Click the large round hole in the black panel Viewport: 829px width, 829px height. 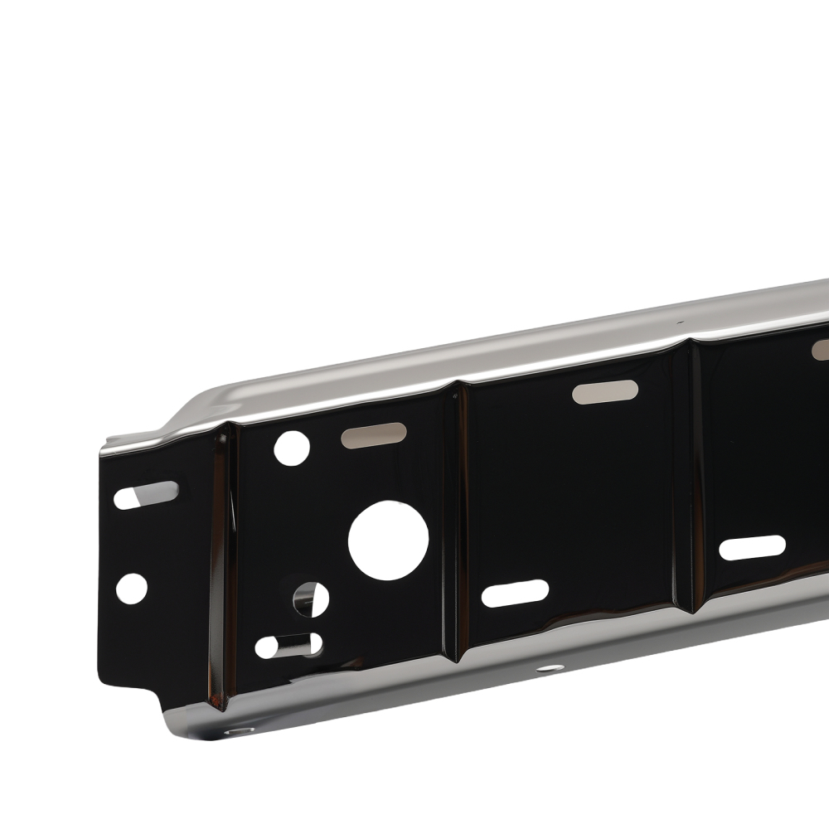pyautogui.click(x=388, y=541)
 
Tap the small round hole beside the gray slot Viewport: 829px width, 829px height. pyautogui.click(x=292, y=448)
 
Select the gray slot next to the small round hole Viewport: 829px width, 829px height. pyautogui.click(x=373, y=434)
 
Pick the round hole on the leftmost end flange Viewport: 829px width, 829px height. pyautogui.click(x=131, y=588)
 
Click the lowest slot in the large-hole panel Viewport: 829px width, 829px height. pyautogui.click(x=288, y=645)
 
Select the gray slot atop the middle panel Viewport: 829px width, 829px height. pyautogui.click(x=604, y=391)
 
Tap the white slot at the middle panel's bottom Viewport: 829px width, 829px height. pyautogui.click(x=515, y=593)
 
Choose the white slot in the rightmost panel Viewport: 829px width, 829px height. pyautogui.click(x=752, y=547)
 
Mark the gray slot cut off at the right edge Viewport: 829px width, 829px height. pyautogui.click(x=821, y=349)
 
